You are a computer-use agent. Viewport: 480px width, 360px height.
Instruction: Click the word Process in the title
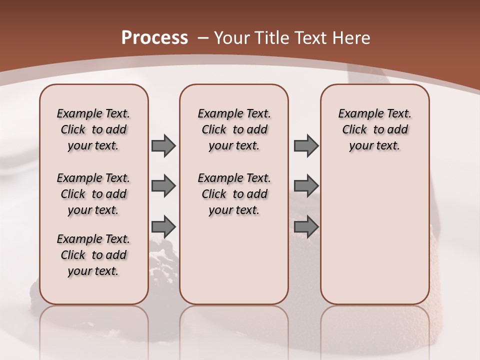[154, 37]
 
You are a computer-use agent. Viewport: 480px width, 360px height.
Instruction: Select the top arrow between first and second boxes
[163, 145]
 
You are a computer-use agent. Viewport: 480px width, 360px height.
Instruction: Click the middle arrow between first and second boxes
[163, 186]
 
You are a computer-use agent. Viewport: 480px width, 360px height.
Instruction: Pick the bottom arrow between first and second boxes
[163, 227]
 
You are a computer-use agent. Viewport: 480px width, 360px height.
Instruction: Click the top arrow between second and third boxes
[306, 145]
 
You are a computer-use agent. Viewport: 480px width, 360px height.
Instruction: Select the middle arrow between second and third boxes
[306, 186]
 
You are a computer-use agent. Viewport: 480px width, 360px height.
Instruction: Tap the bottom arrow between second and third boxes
[306, 227]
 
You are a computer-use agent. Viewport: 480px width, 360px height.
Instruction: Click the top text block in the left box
[93, 129]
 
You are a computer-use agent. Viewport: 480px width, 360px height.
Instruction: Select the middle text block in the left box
[93, 194]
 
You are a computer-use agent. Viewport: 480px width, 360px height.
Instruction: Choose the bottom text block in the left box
[93, 255]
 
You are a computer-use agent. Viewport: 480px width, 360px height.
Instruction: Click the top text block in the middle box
[234, 129]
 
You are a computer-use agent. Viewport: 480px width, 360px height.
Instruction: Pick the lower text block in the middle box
[234, 194]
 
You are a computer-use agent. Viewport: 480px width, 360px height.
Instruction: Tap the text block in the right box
[374, 129]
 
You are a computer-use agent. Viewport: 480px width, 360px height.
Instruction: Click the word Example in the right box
[356, 114]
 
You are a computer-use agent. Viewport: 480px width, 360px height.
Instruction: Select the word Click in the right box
[354, 130]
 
